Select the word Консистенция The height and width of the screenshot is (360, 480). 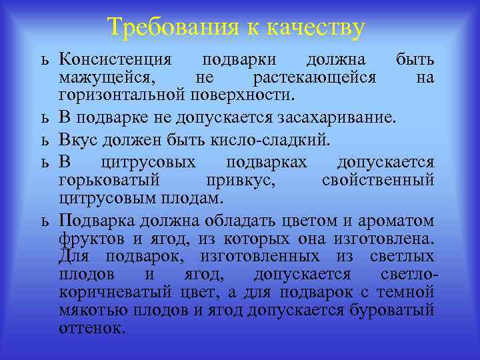tap(115, 60)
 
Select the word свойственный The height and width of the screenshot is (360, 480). tap(378, 180)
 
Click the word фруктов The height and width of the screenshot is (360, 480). tap(87, 239)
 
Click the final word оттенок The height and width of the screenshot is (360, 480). tap(91, 327)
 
